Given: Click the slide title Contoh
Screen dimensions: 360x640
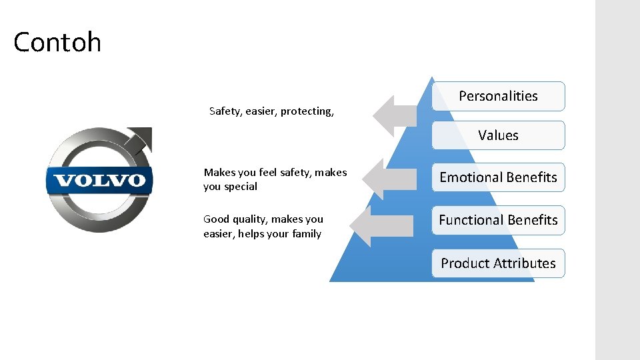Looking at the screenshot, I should pyautogui.click(x=57, y=43).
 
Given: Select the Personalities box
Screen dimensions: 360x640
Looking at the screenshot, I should pyautogui.click(x=498, y=96).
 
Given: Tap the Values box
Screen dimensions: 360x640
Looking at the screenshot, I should pyautogui.click(x=498, y=135).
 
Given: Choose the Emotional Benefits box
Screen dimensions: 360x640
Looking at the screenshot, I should pyautogui.click(x=498, y=177).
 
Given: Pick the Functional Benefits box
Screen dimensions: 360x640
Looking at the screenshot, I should pyautogui.click(x=498, y=220).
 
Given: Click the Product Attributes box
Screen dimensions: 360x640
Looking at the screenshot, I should pyautogui.click(x=498, y=263).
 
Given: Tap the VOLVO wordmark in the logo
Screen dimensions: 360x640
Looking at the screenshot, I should pyautogui.click(x=99, y=181).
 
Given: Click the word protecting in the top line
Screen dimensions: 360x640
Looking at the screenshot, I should pyautogui.click(x=307, y=111).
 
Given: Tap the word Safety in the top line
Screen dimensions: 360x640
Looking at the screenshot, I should pyautogui.click(x=225, y=111).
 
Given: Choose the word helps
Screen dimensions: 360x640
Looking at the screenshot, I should pyautogui.click(x=249, y=234).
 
